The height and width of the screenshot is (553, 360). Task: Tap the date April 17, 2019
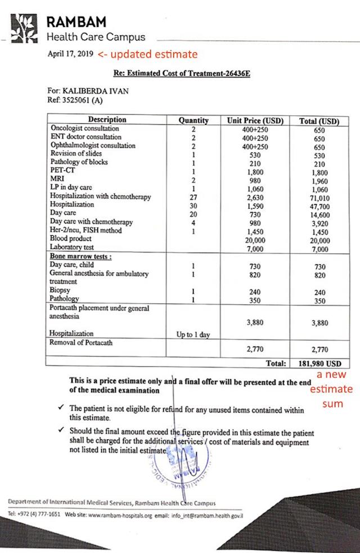click(x=70, y=55)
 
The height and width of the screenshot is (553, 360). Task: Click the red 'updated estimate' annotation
click(x=147, y=55)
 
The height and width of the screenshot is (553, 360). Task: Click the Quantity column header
click(x=193, y=120)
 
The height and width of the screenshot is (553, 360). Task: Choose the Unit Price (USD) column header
click(x=255, y=120)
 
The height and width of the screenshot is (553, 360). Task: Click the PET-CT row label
click(x=62, y=170)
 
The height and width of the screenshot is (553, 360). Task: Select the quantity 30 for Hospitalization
click(x=193, y=206)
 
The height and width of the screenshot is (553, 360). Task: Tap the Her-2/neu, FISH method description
click(x=85, y=231)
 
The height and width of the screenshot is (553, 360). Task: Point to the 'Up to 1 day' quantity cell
click(x=193, y=334)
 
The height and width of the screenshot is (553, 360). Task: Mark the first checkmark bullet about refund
click(x=60, y=406)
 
